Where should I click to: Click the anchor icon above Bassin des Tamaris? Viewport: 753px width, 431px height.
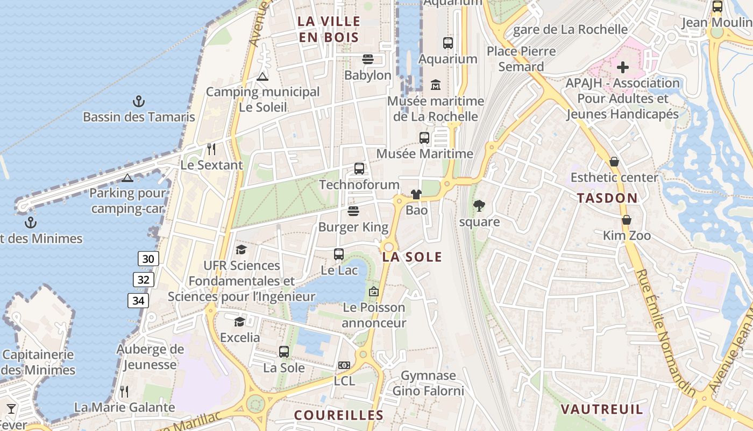139,101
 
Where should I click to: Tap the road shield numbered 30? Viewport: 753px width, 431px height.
148,259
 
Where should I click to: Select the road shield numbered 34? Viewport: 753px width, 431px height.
138,301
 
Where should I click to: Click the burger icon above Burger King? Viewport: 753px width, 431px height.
353,211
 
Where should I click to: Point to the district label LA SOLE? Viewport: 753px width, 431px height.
412,257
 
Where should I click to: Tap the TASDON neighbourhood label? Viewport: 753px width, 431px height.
607,198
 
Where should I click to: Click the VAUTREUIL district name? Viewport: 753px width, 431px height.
602,409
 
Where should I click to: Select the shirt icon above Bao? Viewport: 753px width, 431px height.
416,194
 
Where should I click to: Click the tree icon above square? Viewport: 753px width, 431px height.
479,205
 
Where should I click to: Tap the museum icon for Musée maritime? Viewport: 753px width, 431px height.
436,85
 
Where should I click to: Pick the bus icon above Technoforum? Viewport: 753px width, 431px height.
359,169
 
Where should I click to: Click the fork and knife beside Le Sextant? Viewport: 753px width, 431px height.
211,149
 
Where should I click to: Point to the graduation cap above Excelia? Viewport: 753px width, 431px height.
239,322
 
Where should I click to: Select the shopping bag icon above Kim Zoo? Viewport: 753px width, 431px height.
627,220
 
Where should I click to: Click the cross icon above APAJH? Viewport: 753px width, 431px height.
623,67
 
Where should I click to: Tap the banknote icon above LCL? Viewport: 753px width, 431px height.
344,365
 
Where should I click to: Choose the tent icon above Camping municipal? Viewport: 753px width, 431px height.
262,77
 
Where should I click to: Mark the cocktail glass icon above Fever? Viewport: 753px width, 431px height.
11,408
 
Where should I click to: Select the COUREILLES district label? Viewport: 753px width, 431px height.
339,415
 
